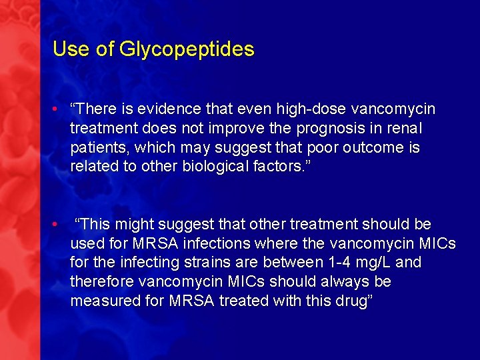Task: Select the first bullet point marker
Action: (59, 108)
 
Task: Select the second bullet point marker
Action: (59, 223)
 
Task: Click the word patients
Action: (97, 147)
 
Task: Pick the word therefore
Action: (102, 282)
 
